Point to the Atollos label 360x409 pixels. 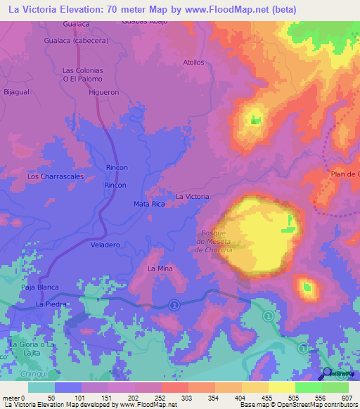193,62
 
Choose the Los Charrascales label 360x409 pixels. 56,176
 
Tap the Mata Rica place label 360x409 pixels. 148,204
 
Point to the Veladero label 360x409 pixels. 105,245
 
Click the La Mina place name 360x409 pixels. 160,269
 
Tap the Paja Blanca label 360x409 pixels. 40,287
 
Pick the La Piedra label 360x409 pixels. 51,304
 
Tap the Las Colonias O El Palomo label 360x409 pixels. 83,74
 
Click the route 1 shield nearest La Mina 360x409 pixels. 174,304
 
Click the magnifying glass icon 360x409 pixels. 328,372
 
